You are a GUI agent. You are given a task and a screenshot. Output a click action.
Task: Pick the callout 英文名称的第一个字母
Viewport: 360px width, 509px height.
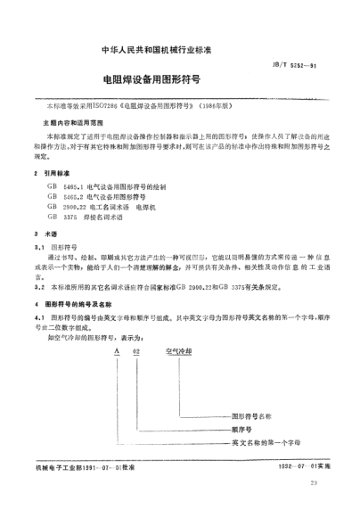pyautogui.click(x=266, y=442)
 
